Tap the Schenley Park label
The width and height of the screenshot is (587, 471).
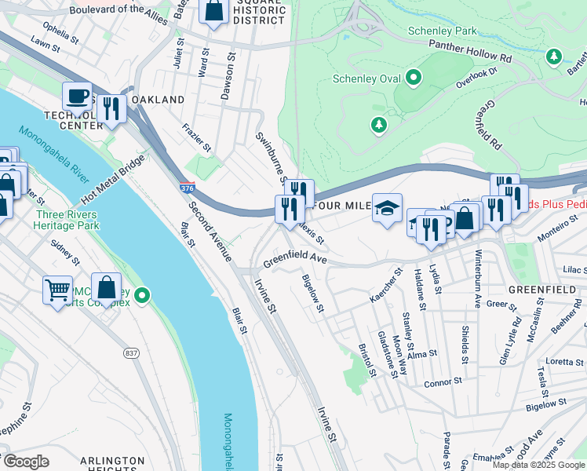[x=443, y=31]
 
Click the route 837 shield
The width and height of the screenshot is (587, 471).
[x=130, y=354]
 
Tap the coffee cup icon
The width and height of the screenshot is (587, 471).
[x=77, y=97]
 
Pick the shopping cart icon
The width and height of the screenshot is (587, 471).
[x=57, y=290]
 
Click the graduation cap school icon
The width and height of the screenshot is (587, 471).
[x=387, y=208]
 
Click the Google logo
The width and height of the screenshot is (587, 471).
[x=25, y=462]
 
